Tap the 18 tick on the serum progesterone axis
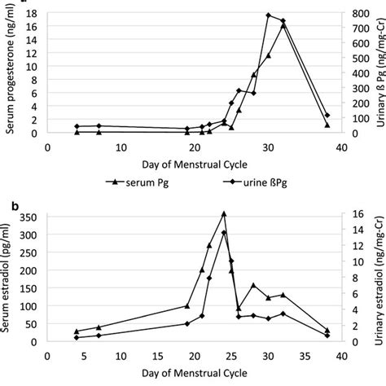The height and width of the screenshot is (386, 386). coord(33,14)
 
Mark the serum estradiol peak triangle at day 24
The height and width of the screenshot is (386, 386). coord(224,214)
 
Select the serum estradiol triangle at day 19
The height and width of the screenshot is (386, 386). coord(187,306)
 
